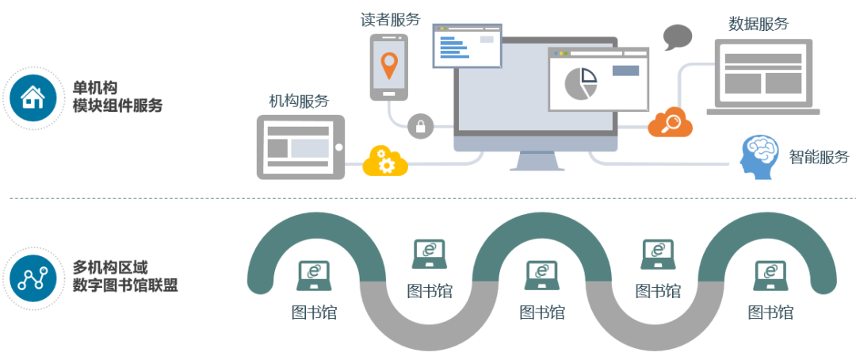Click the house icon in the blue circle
(x=33, y=97)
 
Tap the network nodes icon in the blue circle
(x=33, y=277)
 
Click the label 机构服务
(x=299, y=101)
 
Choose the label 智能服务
(x=819, y=156)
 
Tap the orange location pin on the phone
(x=388, y=64)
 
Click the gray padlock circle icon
(x=421, y=125)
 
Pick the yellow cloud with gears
(x=385, y=161)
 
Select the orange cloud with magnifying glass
(x=671, y=123)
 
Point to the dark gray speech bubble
(x=678, y=36)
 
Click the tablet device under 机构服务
(x=300, y=147)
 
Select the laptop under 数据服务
(x=762, y=78)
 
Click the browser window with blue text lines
(x=467, y=46)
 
